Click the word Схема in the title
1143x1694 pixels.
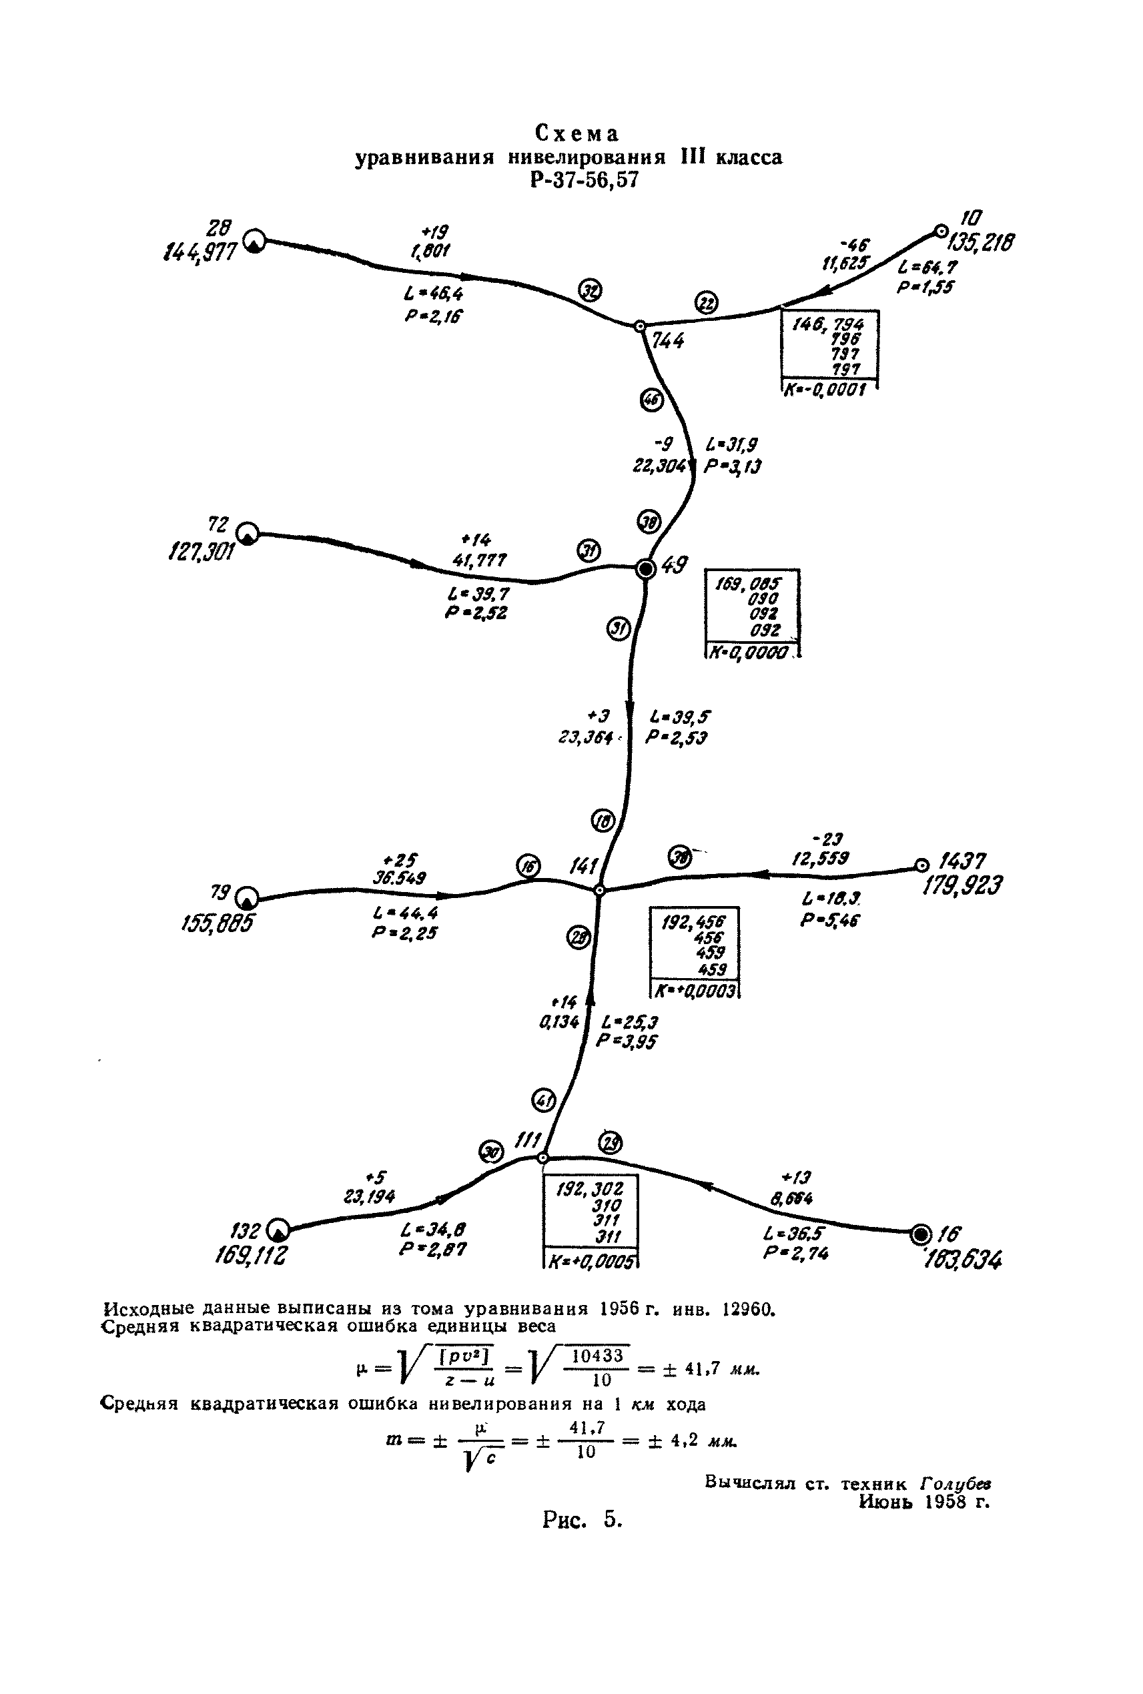[x=577, y=134]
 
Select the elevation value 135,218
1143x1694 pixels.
[x=978, y=242]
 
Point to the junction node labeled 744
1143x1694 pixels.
[x=639, y=326]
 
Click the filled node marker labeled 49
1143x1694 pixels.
[x=645, y=568]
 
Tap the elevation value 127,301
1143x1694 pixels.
[x=202, y=552]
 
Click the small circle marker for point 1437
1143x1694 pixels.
[x=921, y=866]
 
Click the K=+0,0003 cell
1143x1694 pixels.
[x=695, y=991]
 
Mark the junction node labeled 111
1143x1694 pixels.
[x=542, y=1158]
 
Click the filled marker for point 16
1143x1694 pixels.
[x=921, y=1234]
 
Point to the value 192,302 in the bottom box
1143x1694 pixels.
[x=590, y=1190]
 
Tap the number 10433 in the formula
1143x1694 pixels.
[x=598, y=1355]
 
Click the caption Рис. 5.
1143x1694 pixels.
[x=583, y=1519]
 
